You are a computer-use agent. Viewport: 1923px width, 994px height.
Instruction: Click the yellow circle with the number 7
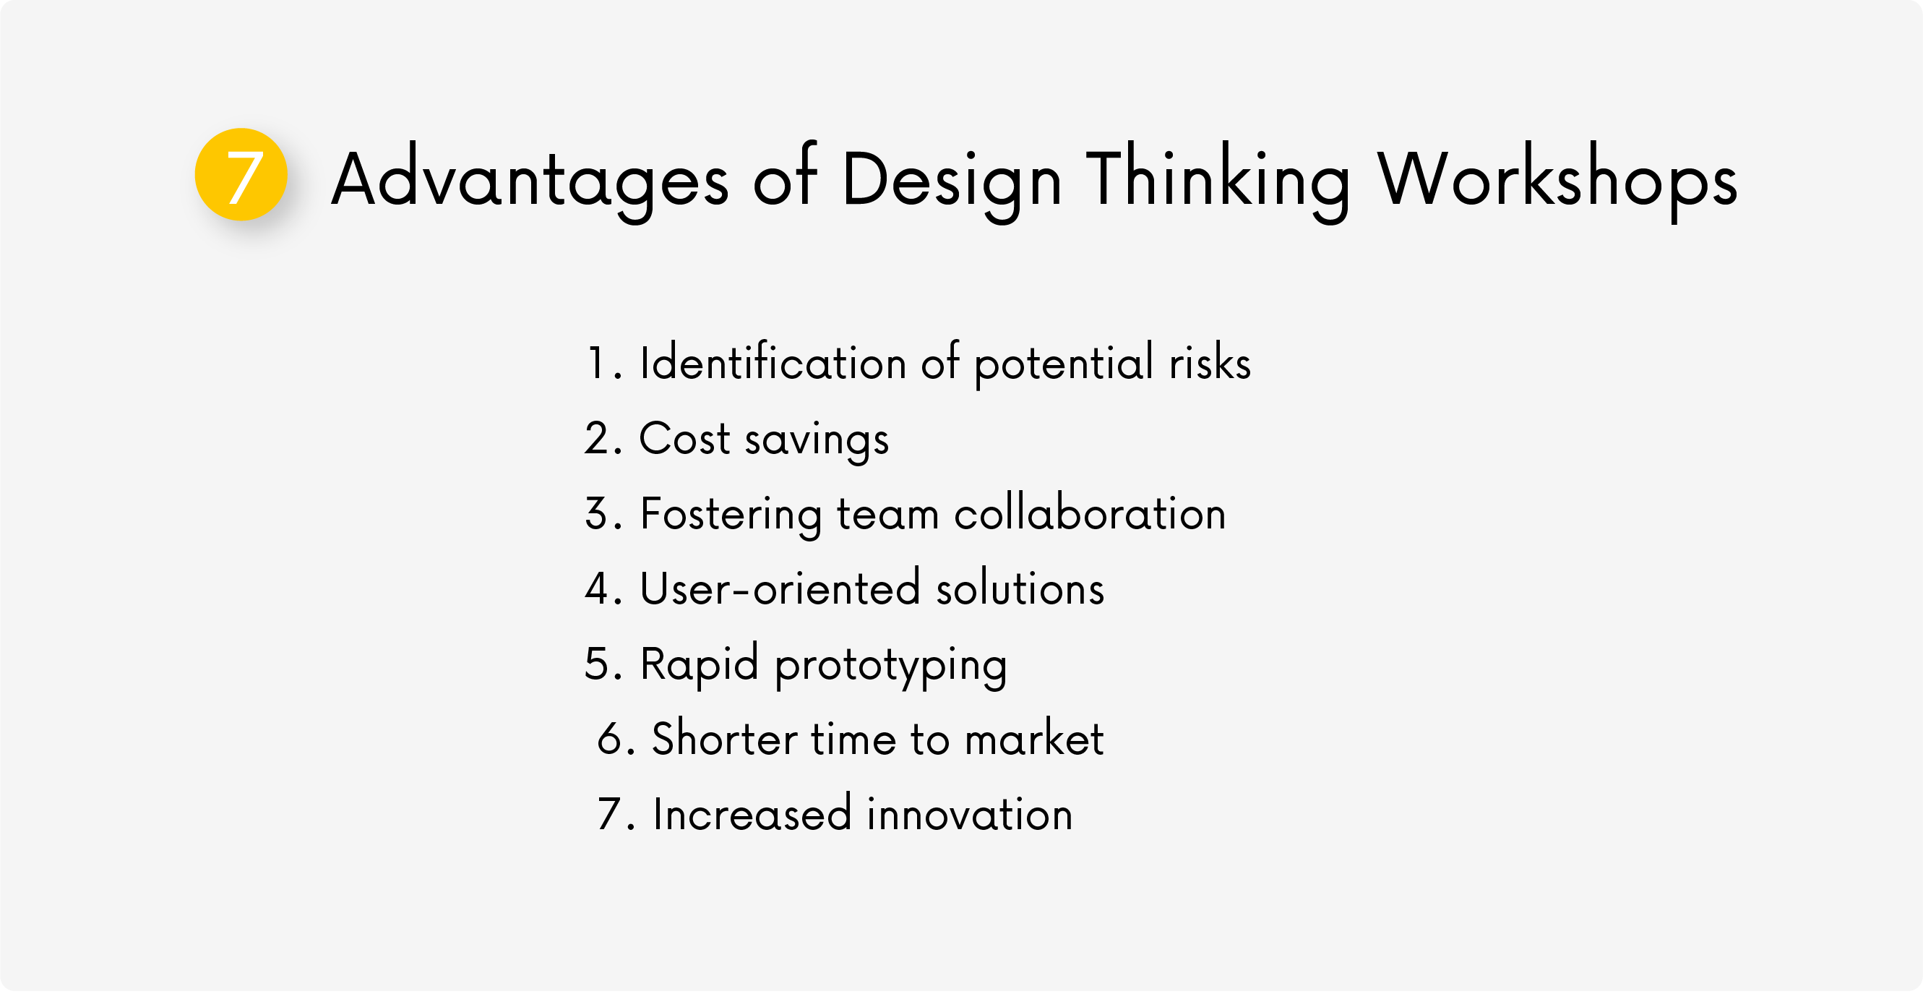pyautogui.click(x=241, y=175)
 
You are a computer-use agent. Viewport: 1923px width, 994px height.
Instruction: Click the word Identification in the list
pyautogui.click(x=773, y=363)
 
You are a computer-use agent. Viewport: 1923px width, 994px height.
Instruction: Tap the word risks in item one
pyautogui.click(x=1210, y=363)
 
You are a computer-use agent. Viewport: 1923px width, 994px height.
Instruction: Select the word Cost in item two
pyautogui.click(x=684, y=438)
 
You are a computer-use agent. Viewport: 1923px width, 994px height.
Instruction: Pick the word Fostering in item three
pyautogui.click(x=731, y=515)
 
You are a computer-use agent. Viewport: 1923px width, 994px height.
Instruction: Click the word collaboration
pyautogui.click(x=1090, y=514)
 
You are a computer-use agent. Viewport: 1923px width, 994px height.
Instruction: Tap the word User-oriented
pyautogui.click(x=780, y=588)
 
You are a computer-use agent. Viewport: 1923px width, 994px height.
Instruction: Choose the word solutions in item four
pyautogui.click(x=1020, y=587)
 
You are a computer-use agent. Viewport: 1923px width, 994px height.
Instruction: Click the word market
pyautogui.click(x=1034, y=739)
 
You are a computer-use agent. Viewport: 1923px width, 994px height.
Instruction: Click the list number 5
pyautogui.click(x=597, y=664)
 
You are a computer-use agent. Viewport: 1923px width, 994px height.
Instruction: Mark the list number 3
pyautogui.click(x=597, y=514)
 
